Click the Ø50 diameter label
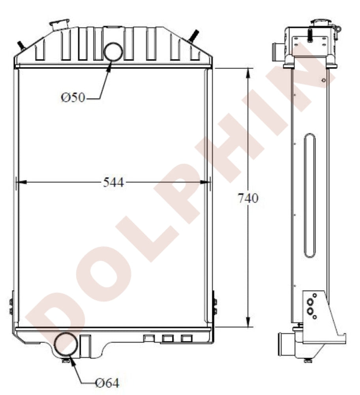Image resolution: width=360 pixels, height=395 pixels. (x=73, y=97)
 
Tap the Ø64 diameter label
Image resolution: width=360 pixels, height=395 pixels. (x=107, y=382)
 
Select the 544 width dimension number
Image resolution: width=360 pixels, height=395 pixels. (x=113, y=182)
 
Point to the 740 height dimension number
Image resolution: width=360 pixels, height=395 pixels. (x=248, y=198)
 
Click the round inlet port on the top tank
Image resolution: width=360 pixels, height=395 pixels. (x=113, y=51)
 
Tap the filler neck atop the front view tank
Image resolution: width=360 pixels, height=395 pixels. (x=59, y=24)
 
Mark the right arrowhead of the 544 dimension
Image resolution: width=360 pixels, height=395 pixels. (x=206, y=182)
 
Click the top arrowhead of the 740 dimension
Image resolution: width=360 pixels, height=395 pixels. (x=248, y=72)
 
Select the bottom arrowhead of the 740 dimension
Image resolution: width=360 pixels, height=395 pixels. (x=248, y=323)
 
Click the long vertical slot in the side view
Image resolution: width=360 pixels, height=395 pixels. (x=310, y=196)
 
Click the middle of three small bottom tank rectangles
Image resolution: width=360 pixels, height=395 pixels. (x=168, y=338)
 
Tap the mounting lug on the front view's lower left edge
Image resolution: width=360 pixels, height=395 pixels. (x=11, y=306)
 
